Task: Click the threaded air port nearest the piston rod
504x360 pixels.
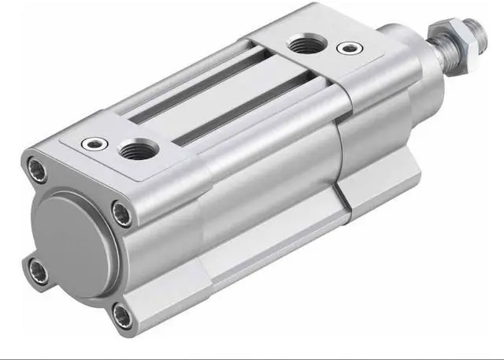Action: point(304,44)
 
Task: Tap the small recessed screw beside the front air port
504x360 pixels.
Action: point(344,48)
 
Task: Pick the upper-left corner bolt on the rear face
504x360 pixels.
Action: point(36,167)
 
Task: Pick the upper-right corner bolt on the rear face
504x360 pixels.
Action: point(121,211)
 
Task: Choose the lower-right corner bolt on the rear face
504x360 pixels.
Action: point(120,315)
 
